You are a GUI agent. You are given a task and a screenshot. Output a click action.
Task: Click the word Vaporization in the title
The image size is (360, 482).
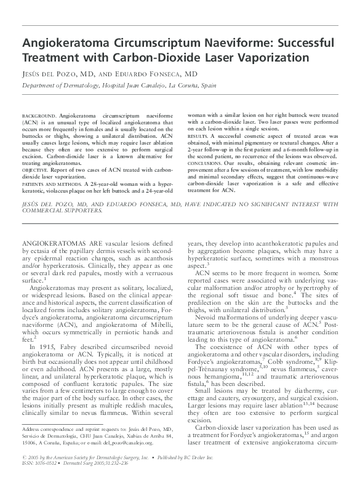266,58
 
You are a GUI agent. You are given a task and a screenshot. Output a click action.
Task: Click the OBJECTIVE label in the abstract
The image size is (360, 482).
36,151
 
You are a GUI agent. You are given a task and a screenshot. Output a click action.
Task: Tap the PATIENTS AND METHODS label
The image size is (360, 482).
51,166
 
